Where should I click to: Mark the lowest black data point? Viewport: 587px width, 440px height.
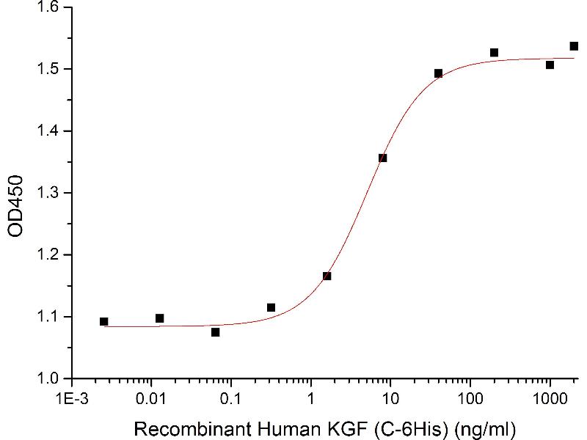215,332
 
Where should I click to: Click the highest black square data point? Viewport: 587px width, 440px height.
574,46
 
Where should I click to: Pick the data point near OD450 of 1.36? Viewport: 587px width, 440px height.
382,158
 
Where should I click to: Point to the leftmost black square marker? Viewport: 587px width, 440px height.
104,321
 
